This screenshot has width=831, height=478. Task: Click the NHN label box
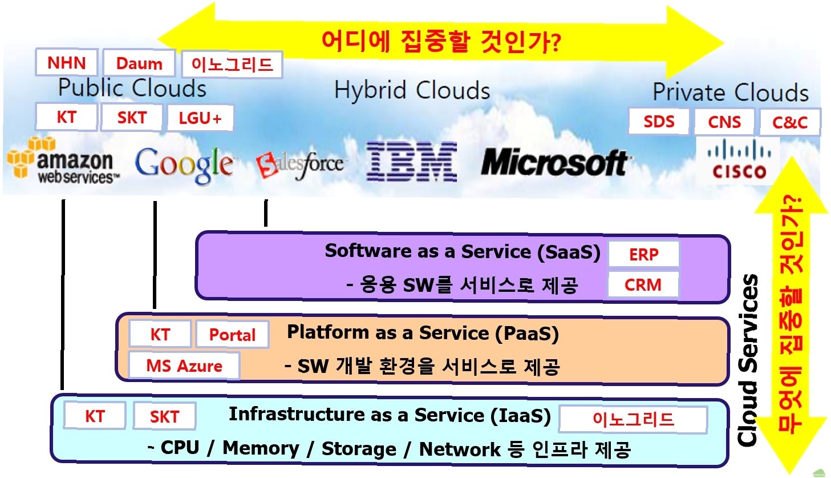coord(67,63)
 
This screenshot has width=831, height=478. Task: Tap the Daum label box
coord(139,64)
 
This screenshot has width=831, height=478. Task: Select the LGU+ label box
coord(200,118)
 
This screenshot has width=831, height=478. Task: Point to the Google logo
coord(184,164)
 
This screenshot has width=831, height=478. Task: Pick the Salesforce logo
coord(300,164)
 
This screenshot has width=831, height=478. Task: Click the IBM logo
coord(411,162)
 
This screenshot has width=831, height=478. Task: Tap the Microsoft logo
coord(554,162)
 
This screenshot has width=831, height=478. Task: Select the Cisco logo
coord(739,162)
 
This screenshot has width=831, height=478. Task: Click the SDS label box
coord(659,122)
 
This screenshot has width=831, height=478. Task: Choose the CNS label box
coord(724,122)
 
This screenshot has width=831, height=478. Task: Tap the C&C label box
coord(790,122)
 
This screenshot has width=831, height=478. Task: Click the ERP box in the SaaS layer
coord(643,255)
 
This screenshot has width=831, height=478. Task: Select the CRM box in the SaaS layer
coord(643,284)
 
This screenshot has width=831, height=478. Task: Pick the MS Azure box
coord(184,365)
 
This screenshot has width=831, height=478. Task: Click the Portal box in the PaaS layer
coord(232,335)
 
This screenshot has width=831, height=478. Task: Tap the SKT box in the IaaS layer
coord(164,416)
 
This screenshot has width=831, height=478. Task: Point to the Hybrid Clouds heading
coord(412,90)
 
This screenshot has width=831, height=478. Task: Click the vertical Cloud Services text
coord(748,360)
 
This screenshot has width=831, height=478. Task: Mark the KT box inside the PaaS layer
coord(160,335)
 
